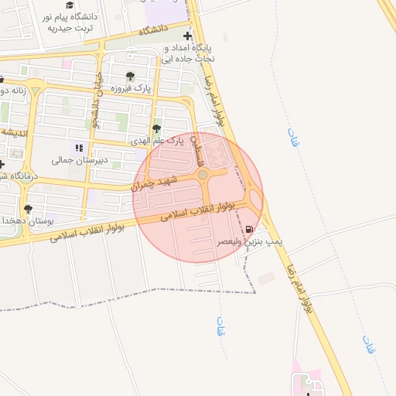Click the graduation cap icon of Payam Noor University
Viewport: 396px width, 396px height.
70,5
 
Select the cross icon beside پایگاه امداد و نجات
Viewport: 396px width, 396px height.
188,36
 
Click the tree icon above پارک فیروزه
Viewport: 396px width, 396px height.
130,77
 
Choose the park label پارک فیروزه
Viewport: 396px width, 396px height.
128,89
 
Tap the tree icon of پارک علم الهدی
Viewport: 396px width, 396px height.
157,129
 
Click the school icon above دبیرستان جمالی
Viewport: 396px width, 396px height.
77,147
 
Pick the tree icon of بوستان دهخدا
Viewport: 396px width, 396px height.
29,209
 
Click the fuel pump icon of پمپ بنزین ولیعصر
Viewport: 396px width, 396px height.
248,229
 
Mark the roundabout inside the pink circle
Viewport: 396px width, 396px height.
203,176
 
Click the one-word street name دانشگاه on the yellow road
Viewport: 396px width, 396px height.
153,30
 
